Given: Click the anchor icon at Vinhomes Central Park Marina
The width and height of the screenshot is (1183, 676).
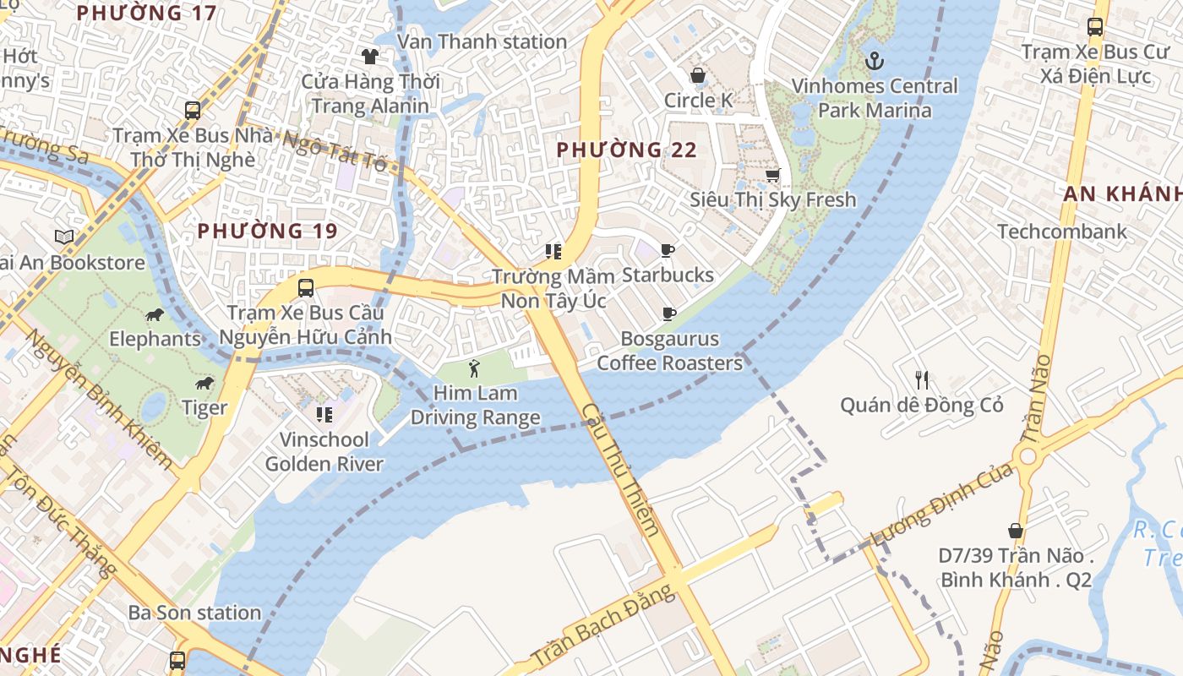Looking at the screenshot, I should [875, 61].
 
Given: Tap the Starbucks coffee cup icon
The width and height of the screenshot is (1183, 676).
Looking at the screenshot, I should [668, 250].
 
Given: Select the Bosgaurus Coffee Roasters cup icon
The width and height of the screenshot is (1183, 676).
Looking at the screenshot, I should [668, 314].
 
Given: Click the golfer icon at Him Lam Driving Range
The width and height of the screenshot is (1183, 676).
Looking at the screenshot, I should [474, 368].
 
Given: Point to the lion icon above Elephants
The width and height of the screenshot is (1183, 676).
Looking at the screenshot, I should [155, 315].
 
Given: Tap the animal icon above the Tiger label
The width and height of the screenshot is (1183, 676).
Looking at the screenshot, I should [204, 384].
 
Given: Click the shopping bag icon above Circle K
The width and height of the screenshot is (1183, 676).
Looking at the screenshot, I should [698, 76].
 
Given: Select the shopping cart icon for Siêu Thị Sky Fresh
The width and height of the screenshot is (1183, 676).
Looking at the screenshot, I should [772, 175].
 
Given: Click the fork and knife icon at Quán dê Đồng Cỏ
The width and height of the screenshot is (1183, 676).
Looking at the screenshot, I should [922, 380].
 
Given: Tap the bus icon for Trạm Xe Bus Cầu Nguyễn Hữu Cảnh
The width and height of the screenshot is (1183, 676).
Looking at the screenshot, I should [306, 287].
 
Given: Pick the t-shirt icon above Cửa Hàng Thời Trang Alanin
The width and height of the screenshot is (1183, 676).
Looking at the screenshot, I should [370, 57].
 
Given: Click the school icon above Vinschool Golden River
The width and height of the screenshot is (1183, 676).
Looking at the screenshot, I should [324, 414].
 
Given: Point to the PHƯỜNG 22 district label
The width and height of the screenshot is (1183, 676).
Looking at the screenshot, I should [626, 150].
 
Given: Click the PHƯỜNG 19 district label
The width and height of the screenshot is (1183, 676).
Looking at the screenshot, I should [267, 231].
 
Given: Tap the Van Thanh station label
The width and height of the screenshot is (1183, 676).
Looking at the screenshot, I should [482, 41].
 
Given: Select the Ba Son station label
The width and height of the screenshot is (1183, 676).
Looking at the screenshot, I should [194, 613].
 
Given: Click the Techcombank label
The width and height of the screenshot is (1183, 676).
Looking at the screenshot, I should [1062, 232].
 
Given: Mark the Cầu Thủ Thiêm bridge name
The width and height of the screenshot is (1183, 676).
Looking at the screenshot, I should [621, 469].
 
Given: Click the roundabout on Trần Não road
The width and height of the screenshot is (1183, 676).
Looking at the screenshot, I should [1028, 457].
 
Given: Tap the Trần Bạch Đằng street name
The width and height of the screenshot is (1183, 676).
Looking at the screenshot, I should [604, 625].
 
